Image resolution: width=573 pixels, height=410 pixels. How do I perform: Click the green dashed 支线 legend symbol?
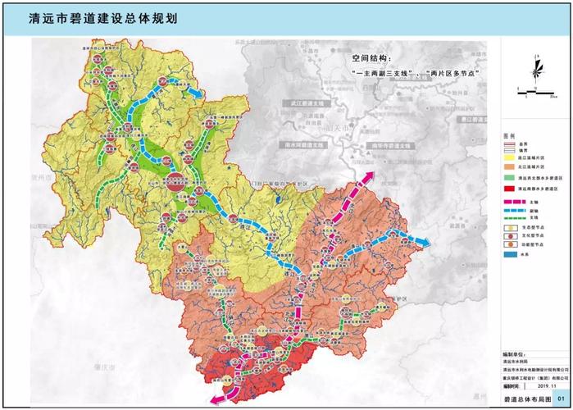[512, 217]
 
